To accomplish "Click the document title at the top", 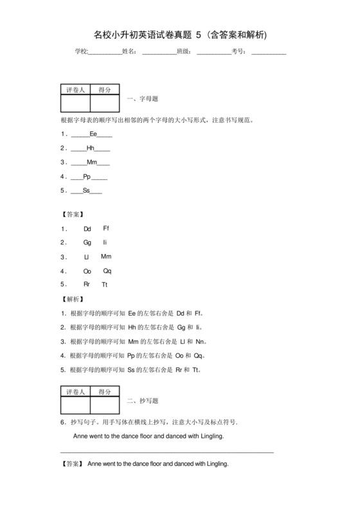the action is pyautogui.click(x=179, y=33).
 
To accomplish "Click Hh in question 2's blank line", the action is pyautogui.click(x=91, y=148).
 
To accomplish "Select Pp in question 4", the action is pyautogui.click(x=87, y=176).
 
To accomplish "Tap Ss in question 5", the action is pyautogui.click(x=86, y=190).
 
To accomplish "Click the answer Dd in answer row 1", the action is pyautogui.click(x=88, y=229).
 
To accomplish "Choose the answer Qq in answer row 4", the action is pyautogui.click(x=107, y=271).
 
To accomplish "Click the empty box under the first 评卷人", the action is pyautogui.click(x=75, y=103).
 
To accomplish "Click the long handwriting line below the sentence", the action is pyautogui.click(x=166, y=452).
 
